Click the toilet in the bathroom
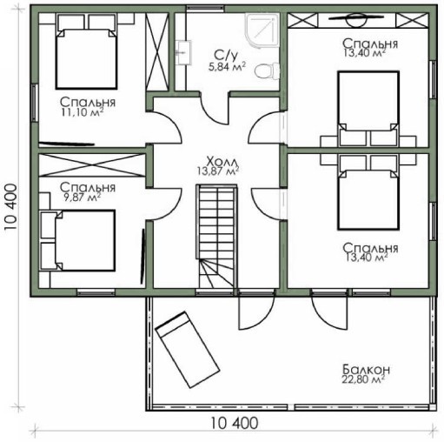pyautogui.click(x=268, y=70)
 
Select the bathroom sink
pyautogui.click(x=183, y=52)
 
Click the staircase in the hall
pyautogui.click(x=217, y=236)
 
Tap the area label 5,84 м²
pyautogui.click(x=227, y=67)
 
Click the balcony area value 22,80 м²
pyautogui.click(x=364, y=379)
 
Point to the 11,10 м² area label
pyautogui.click(x=83, y=112)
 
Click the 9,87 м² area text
pyautogui.click(x=82, y=198)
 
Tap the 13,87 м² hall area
pyautogui.click(x=218, y=171)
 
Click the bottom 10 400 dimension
pyautogui.click(x=234, y=423)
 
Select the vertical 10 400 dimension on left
pyautogui.click(x=12, y=206)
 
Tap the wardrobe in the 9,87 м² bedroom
pyautogui.click(x=92, y=164)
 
